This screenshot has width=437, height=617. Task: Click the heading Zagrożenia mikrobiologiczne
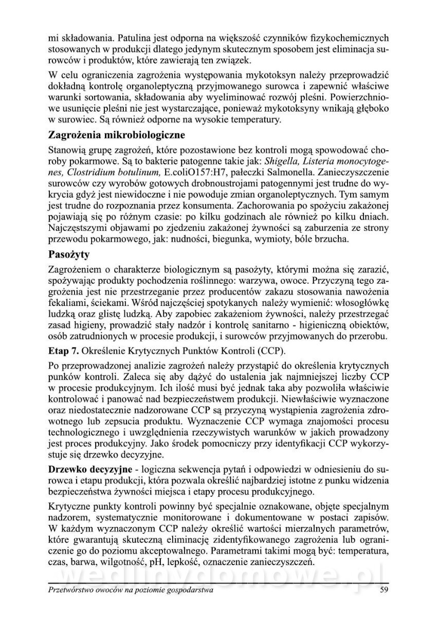click(x=116, y=136)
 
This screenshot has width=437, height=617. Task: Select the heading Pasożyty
click(x=69, y=254)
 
